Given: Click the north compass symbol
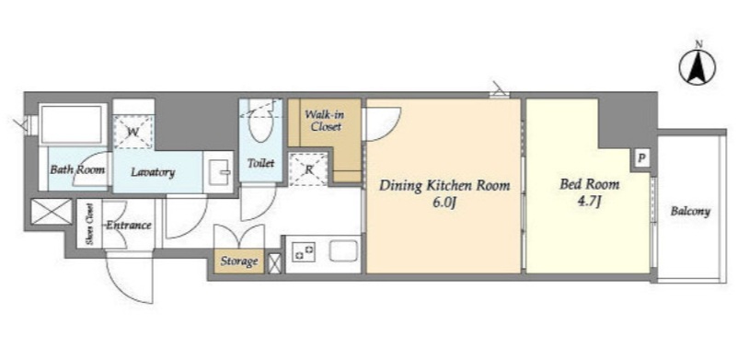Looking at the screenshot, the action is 697,67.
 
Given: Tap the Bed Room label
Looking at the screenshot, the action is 590,184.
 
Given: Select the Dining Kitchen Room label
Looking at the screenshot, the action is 444,185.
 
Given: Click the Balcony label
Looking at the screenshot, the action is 690,211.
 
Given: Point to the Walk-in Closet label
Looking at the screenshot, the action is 324,121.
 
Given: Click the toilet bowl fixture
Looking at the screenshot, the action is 260,124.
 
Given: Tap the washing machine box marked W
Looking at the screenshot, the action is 133,132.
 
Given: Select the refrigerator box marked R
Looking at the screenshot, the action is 308,168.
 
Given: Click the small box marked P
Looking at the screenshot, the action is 642,157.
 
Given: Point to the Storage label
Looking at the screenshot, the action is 239,261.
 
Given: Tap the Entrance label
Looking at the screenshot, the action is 128,226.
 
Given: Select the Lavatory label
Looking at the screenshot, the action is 153,172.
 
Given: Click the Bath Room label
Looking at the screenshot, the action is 77,169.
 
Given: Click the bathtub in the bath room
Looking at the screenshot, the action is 73,123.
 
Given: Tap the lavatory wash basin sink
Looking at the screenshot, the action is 218,172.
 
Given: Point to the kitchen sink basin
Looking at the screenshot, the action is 343,250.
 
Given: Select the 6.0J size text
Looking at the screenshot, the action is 444,203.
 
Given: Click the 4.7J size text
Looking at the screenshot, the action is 589,201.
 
